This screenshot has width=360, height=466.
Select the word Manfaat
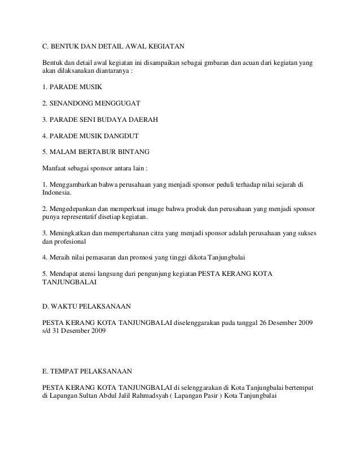pyautogui.click(x=55, y=168)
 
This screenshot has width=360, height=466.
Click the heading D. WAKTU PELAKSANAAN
pyautogui.click(x=87, y=306)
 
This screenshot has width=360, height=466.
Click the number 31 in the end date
pyautogui.click(x=60, y=331)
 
